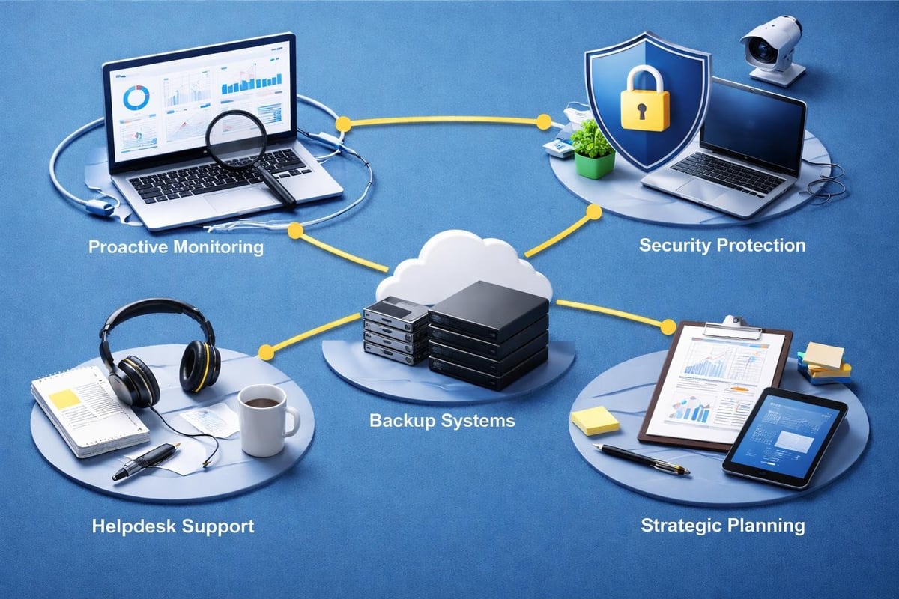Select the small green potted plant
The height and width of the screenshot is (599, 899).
(x=593, y=150)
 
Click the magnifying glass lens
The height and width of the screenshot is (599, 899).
(x=237, y=139)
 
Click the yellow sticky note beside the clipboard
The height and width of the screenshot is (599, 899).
(x=596, y=420)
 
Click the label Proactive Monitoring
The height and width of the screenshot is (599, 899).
(x=176, y=246)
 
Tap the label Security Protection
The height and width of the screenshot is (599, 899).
(x=722, y=245)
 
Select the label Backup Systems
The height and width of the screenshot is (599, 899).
(x=443, y=420)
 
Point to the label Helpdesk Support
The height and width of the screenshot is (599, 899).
(x=173, y=526)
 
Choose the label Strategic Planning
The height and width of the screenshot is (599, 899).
(x=723, y=525)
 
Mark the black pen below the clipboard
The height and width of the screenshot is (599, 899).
(x=641, y=458)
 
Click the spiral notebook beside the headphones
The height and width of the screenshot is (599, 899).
(x=86, y=408)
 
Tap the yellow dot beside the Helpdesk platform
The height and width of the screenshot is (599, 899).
(x=264, y=351)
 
